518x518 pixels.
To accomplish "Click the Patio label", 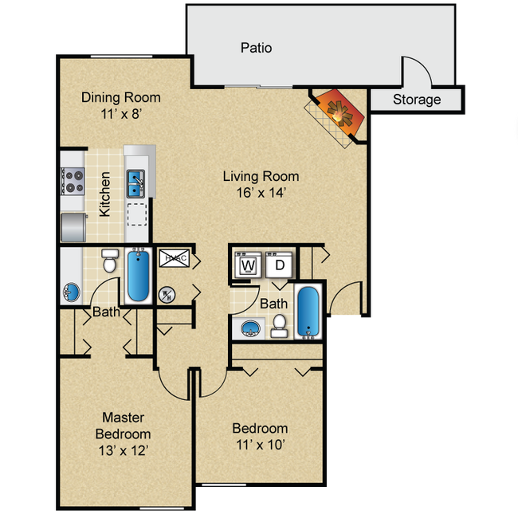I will (x=256, y=48).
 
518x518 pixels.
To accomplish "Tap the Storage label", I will (x=416, y=100).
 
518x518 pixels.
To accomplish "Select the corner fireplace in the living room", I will (x=339, y=116).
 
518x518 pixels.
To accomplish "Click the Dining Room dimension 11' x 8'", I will (x=120, y=114).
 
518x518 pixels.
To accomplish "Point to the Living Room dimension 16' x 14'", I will (x=261, y=192).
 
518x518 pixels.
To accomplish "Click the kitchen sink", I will (x=135, y=183).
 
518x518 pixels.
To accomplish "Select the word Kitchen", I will (x=104, y=194).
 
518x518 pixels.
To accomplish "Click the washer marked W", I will (x=248, y=265).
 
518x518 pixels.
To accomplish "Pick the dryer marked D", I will (x=280, y=265).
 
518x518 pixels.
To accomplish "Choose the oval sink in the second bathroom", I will (x=251, y=328).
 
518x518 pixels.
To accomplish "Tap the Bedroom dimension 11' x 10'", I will (x=261, y=444).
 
